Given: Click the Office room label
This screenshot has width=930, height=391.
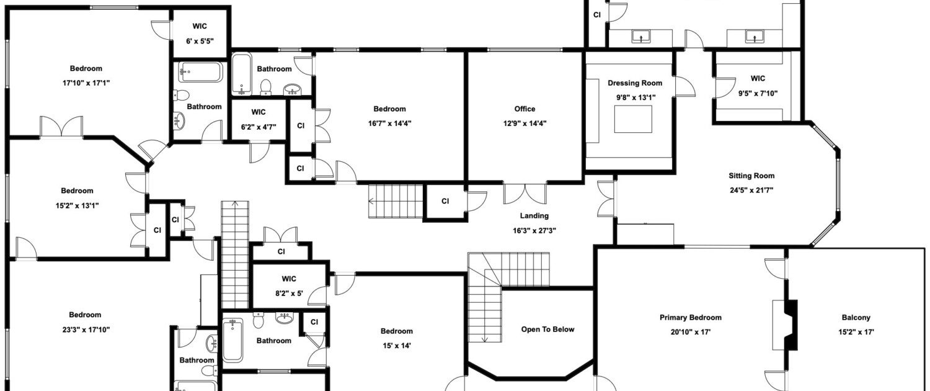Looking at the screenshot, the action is point(525,109).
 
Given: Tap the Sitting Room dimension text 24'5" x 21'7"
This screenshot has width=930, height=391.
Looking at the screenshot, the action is point(751,191).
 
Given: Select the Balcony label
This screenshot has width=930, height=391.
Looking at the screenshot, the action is point(856,317).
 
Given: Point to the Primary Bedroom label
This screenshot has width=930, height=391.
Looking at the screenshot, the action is point(691,317).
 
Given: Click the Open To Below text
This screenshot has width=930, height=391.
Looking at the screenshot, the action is point(547,329).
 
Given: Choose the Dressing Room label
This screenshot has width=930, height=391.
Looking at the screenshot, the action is point(635,83).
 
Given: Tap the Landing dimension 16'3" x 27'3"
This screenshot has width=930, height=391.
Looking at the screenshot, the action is point(534,231).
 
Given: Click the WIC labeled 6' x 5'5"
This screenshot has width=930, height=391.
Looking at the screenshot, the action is point(200,26).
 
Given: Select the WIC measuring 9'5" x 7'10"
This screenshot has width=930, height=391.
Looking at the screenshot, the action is point(758,79).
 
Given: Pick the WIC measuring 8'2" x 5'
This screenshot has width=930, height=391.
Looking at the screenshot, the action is point(289,279).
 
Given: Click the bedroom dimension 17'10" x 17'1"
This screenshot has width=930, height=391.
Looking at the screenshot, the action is point(86,83).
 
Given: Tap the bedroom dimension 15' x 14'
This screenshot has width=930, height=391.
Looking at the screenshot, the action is point(397,346).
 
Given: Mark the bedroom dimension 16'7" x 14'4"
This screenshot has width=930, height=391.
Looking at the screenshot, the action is point(389,124).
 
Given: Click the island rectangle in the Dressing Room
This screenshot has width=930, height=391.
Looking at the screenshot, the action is point(633,119).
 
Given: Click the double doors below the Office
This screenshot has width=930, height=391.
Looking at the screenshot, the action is point(525,193).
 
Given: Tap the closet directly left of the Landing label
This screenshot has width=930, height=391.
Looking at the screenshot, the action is point(446,201).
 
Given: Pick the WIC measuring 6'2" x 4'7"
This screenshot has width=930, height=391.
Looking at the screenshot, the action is point(259,112).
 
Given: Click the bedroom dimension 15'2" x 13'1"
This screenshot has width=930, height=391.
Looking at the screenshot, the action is point(77,205).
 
